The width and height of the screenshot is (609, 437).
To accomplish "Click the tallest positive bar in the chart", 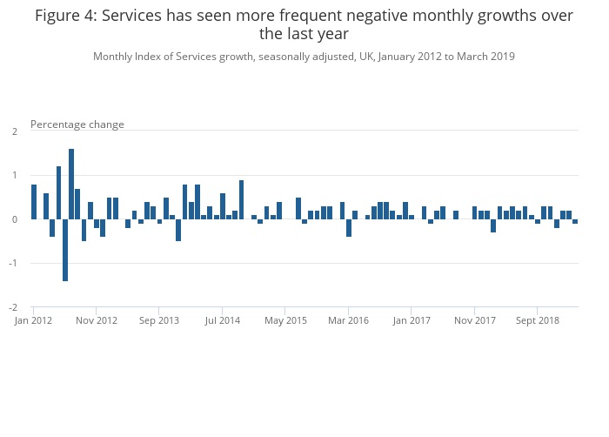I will click(71, 184).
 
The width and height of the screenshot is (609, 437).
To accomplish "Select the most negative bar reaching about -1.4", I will click(65, 250).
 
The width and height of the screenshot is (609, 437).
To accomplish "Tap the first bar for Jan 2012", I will click(34, 202).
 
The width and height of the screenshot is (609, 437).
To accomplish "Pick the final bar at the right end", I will click(575, 221).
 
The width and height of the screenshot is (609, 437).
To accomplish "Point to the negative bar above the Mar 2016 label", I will click(349, 228).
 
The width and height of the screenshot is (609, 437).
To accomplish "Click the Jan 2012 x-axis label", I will click(34, 320).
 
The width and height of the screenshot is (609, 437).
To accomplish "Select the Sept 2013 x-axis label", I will click(159, 320).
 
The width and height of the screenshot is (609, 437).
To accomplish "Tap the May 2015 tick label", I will click(285, 320).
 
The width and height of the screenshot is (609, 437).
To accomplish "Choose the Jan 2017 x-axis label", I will click(412, 320).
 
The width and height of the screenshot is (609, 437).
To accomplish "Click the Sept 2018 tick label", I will click(538, 320).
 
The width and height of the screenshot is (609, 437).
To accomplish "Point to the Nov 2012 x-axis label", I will click(97, 320).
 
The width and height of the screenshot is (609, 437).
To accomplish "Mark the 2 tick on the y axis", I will click(15, 131).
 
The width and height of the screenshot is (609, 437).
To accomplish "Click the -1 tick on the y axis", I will click(13, 264).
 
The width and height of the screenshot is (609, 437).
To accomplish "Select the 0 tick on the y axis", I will click(15, 219).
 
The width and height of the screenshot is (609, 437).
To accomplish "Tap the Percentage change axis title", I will click(77, 124).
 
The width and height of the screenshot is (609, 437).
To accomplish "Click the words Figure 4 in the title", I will click(65, 16).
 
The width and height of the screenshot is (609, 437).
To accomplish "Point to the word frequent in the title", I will click(304, 16).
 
